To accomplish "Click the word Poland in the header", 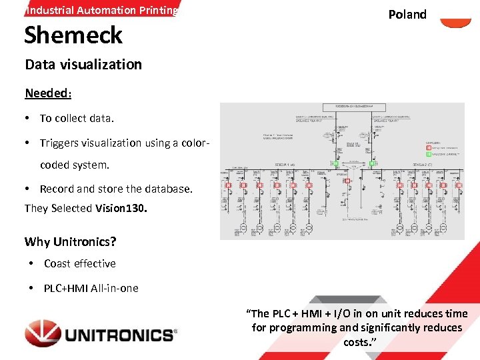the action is point(407,15).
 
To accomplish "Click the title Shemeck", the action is point(73,35).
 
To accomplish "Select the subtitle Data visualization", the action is point(83,65).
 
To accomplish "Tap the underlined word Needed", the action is point(47,93).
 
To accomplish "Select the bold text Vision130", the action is point(121,208).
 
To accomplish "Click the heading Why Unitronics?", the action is point(70,241).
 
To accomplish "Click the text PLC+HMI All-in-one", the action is point(91,288).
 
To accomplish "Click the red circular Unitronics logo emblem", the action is point(43,333).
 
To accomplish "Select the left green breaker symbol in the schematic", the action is point(336,163).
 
